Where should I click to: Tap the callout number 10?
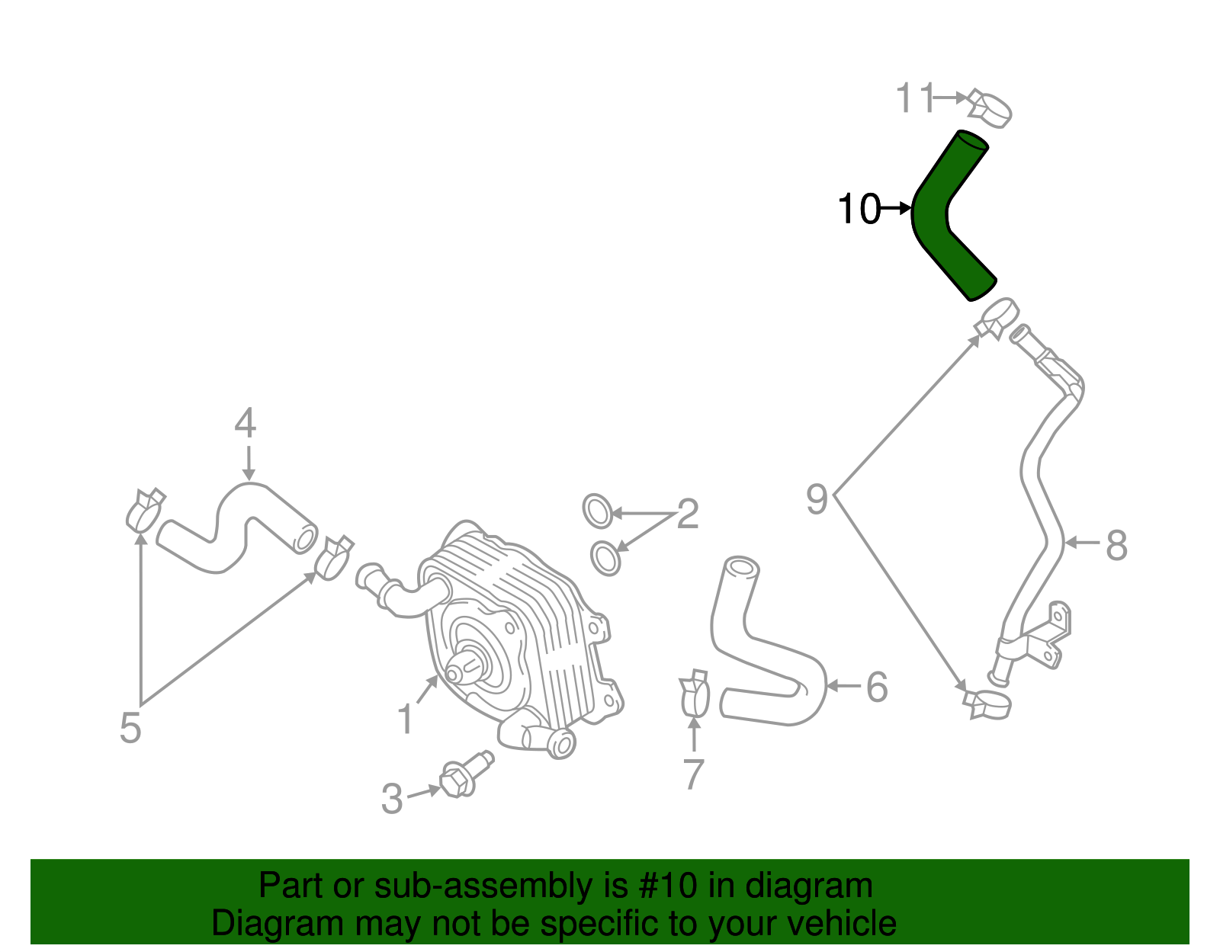859,209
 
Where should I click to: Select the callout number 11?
914,98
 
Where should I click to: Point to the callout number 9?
817,499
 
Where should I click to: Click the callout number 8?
1116,546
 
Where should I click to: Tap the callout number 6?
877,688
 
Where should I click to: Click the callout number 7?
693,774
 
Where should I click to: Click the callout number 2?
687,514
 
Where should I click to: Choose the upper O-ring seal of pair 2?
597,511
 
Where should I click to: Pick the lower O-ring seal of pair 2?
606,558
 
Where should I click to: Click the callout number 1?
406,719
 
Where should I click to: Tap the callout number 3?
392,799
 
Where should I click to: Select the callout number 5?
130,728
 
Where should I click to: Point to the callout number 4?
245,424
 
